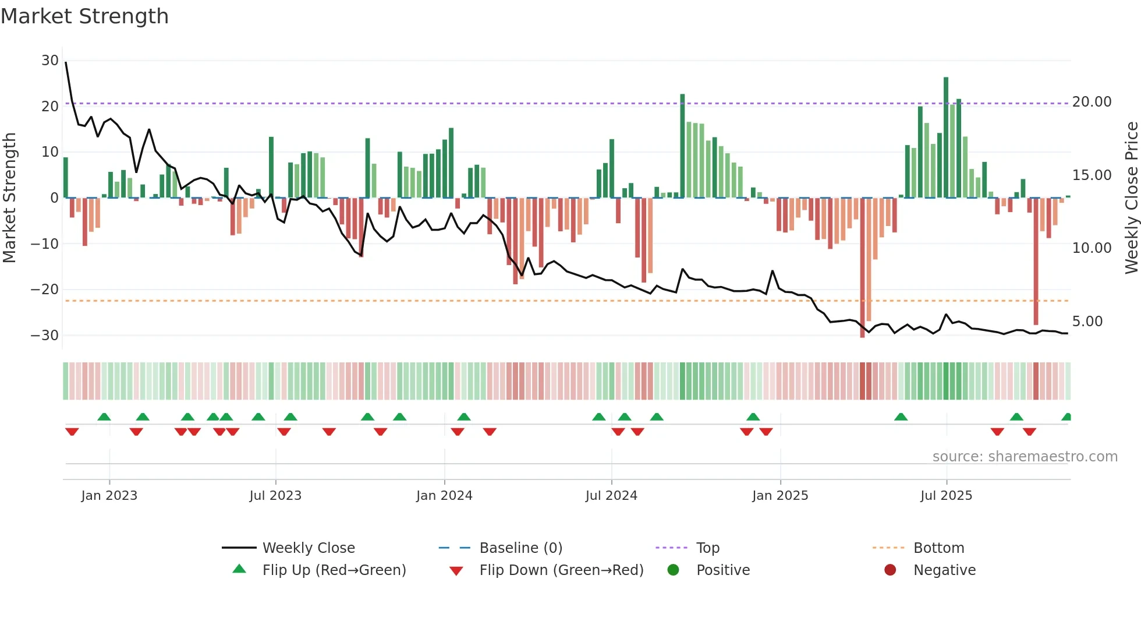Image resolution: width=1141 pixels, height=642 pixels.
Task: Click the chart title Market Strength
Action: [84, 16]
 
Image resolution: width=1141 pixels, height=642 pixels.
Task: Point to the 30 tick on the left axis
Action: [50, 61]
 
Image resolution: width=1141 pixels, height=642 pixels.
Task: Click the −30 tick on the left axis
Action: [45, 336]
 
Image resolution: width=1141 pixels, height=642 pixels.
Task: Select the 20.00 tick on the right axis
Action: [1092, 102]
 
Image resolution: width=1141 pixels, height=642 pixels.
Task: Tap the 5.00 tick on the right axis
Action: [1087, 322]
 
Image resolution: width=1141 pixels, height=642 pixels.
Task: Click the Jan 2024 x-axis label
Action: [444, 496]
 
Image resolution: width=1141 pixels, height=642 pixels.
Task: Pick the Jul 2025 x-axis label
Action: [946, 496]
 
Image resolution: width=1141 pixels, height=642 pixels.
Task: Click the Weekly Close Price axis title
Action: [1131, 198]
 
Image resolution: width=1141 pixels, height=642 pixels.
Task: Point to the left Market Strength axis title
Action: [10, 198]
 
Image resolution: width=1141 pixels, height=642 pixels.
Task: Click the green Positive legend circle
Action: [674, 570]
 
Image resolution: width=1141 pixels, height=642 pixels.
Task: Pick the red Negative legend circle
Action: [890, 570]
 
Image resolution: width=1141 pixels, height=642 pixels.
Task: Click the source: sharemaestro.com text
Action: [1025, 457]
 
